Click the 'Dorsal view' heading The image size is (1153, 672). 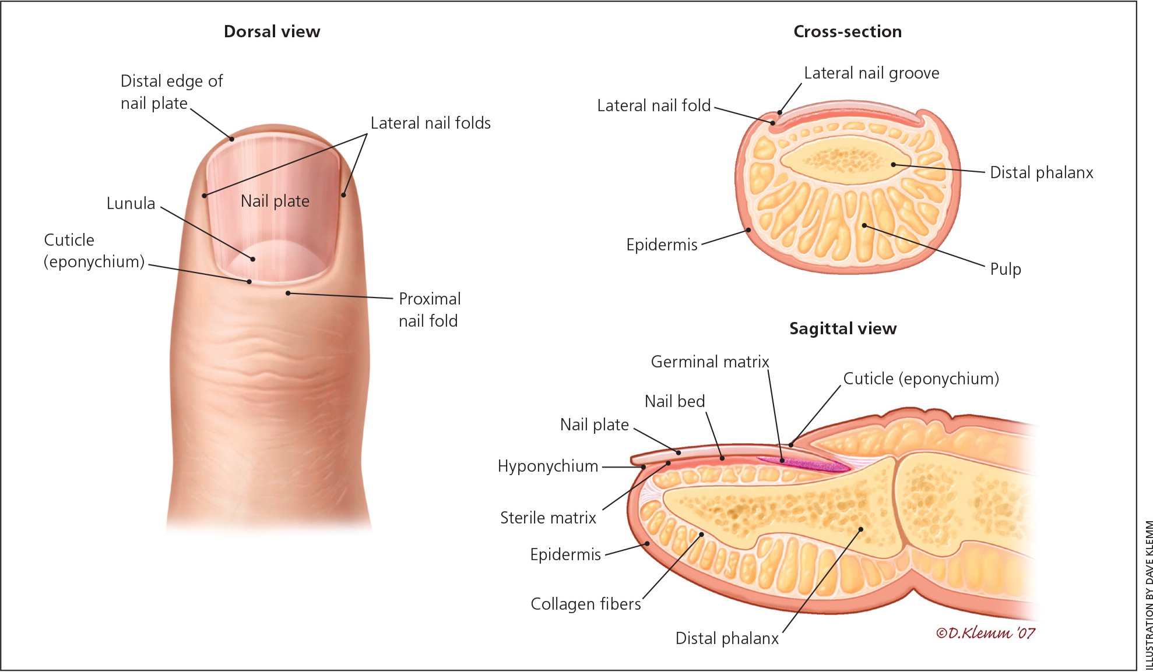pyautogui.click(x=272, y=31)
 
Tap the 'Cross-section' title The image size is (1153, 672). pyautogui.click(x=847, y=31)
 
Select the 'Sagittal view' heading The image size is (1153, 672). pyautogui.click(x=842, y=328)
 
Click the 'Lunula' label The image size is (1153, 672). pyautogui.click(x=131, y=203)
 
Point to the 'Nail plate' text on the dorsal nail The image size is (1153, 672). pyautogui.click(x=275, y=201)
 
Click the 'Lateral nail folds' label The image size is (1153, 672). pyautogui.click(x=430, y=123)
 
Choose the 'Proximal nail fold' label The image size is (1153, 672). pyautogui.click(x=429, y=310)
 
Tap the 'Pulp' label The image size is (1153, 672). pyautogui.click(x=1005, y=269)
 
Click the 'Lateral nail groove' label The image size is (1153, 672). pyautogui.click(x=871, y=73)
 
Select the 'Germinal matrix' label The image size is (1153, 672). pyautogui.click(x=709, y=362)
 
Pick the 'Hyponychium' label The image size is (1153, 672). pyautogui.click(x=547, y=466)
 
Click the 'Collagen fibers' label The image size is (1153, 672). pyautogui.click(x=585, y=604)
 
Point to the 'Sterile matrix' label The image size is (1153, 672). pyautogui.click(x=548, y=518)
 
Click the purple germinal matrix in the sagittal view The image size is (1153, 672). pyautogui.click(x=804, y=464)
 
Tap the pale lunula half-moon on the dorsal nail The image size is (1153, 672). pyautogui.click(x=274, y=259)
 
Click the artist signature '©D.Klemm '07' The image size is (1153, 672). pyautogui.click(x=985, y=633)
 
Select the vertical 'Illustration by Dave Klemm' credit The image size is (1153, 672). pyautogui.click(x=1148, y=594)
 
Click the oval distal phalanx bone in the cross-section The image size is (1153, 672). pyautogui.click(x=845, y=158)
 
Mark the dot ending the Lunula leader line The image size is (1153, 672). pyautogui.click(x=253, y=259)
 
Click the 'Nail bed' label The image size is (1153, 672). pyautogui.click(x=674, y=401)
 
